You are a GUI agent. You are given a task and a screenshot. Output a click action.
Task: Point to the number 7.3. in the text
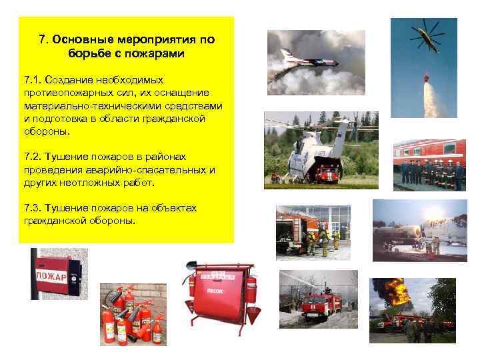(33, 207)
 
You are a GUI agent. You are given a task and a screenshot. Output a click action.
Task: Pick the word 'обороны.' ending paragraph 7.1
(46, 131)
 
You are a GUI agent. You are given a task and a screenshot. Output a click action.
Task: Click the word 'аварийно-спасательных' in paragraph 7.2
(132, 170)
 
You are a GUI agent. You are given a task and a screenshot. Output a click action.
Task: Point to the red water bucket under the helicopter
(427, 79)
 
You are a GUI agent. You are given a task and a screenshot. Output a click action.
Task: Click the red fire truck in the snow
(313, 306)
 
